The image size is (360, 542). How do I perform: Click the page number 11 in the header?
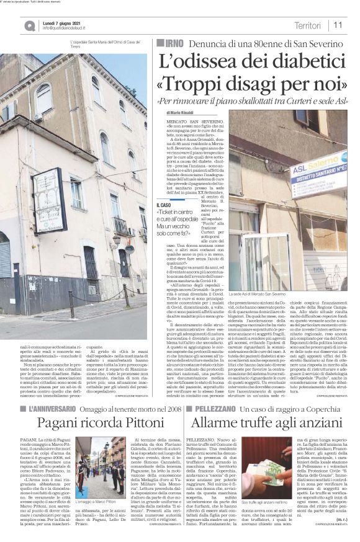(x=339, y=24)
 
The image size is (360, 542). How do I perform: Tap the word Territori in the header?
(x=308, y=24)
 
